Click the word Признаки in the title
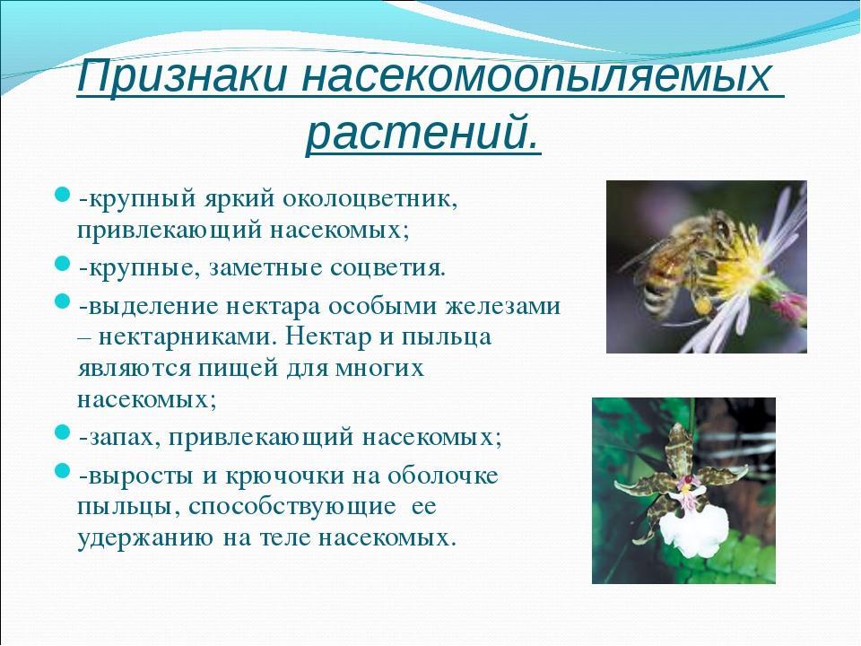coord(182,76)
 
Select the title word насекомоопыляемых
coord(536,76)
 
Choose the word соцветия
coord(387,268)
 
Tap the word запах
coord(125,439)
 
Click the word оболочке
coord(442,476)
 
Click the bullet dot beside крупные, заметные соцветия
coord(63,264)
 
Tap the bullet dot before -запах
coord(63,432)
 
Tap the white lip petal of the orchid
coord(693,530)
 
